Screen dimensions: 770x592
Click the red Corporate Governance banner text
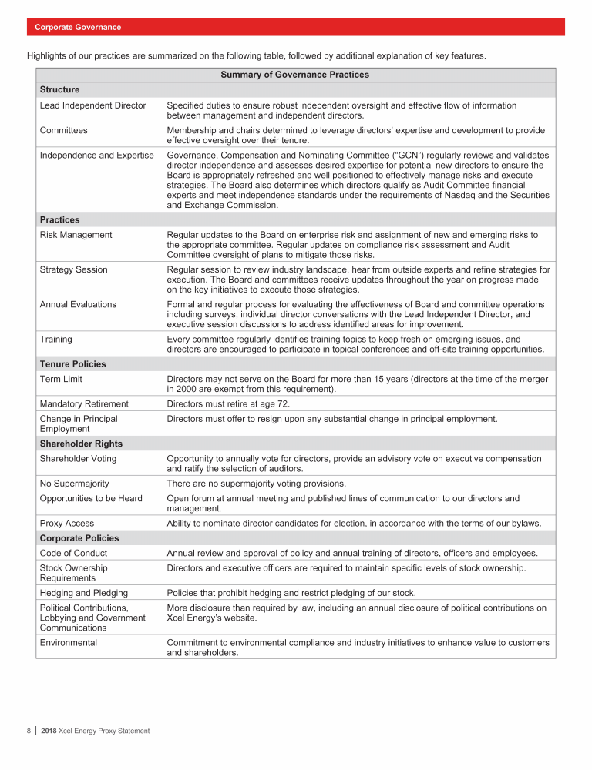(78, 28)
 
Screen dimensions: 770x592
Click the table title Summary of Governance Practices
(294, 75)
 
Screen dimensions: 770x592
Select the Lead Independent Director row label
(92, 105)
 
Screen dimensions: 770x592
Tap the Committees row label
(64, 130)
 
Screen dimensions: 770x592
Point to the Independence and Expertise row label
(96, 155)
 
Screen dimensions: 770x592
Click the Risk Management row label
(76, 235)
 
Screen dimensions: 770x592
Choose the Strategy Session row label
(74, 269)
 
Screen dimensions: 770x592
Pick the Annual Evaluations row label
(79, 304)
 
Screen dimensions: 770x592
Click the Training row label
(57, 339)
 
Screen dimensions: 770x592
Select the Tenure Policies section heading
(73, 364)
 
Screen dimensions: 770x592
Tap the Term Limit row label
(62, 380)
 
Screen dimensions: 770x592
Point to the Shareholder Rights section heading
(81, 444)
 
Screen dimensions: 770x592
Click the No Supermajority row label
(75, 484)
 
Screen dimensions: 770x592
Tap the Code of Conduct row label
(74, 553)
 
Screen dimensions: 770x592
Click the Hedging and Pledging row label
(84, 593)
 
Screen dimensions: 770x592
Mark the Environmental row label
(69, 642)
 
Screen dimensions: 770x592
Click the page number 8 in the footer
(29, 731)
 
